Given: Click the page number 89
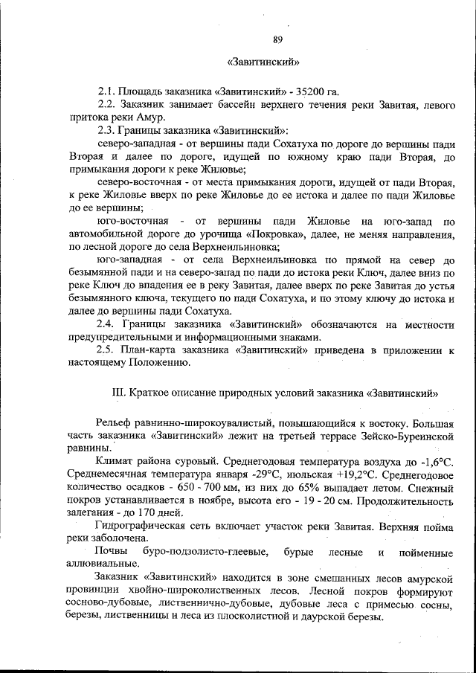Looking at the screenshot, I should (x=277, y=39).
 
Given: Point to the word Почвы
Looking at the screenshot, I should (x=112, y=553).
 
